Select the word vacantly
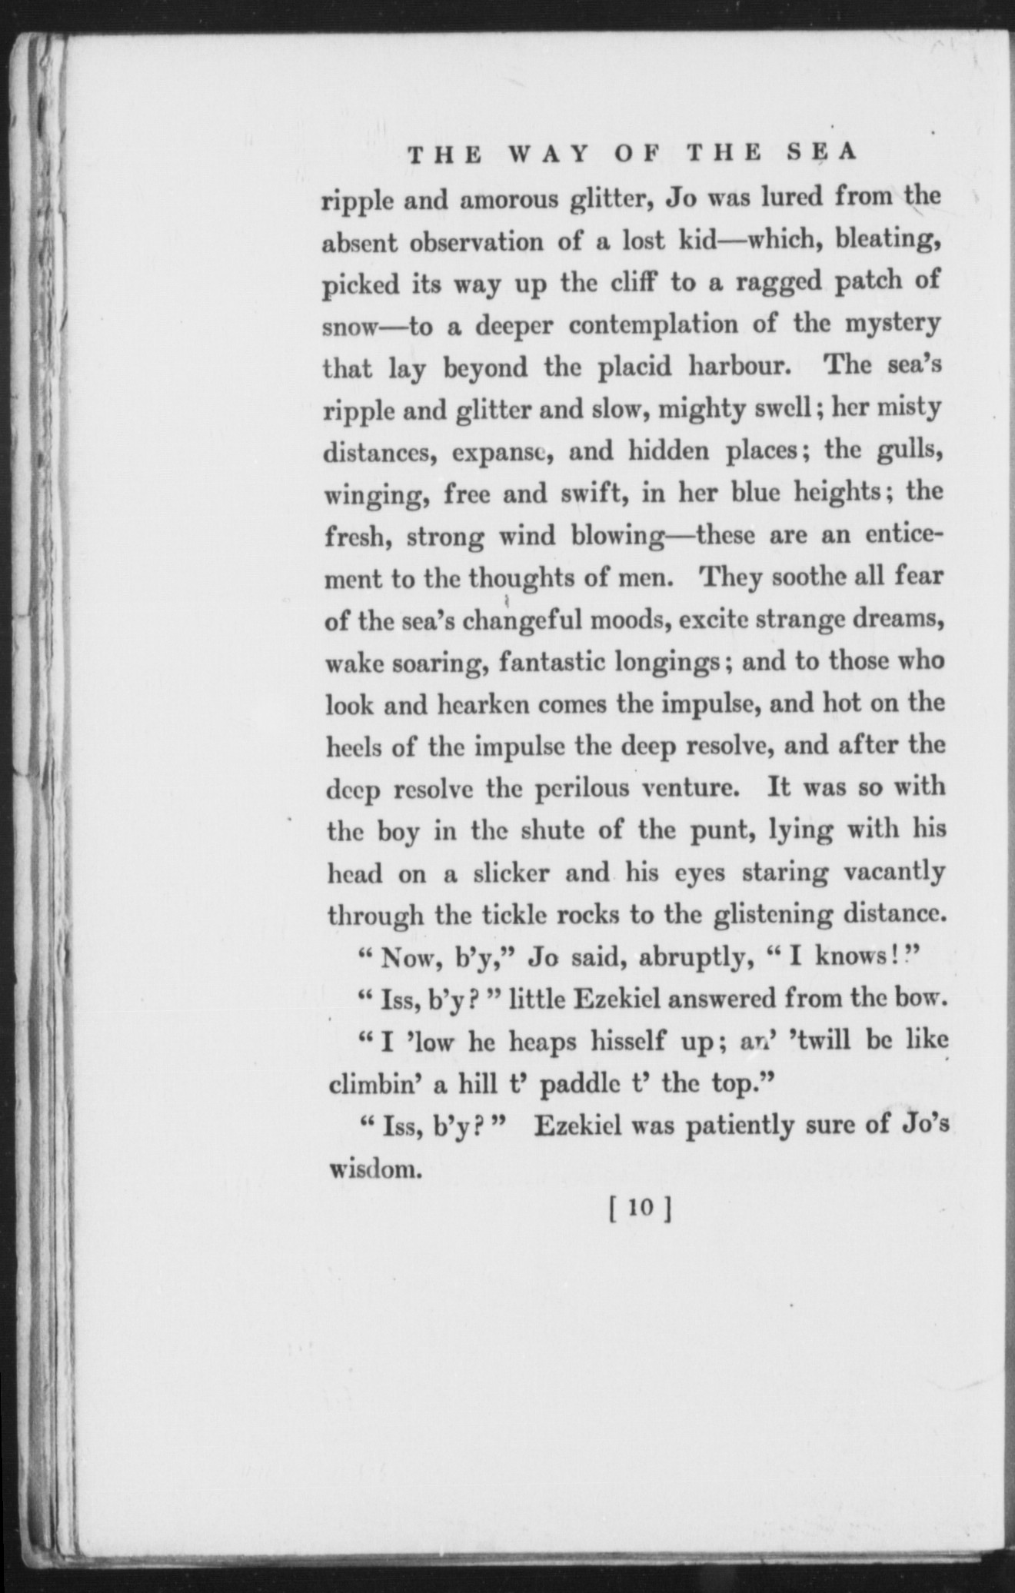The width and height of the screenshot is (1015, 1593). tap(894, 873)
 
